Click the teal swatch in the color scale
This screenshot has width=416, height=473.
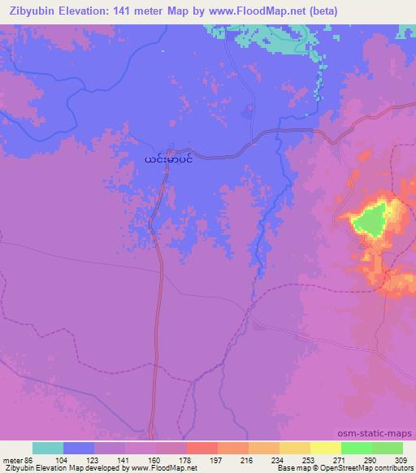click(x=48, y=448)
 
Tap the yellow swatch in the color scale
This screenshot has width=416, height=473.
click(x=325, y=448)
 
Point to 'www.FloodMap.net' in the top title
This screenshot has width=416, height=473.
click(x=249, y=11)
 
